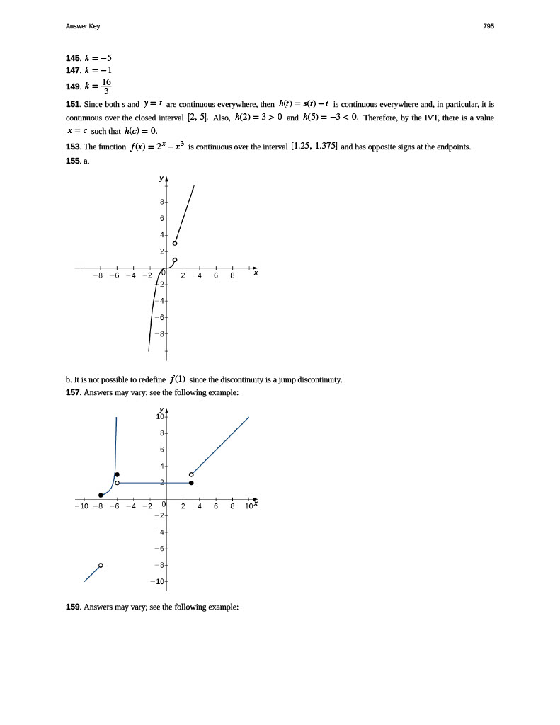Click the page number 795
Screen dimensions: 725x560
point(488,26)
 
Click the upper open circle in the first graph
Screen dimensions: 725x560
point(175,244)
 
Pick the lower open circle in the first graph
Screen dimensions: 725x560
point(175,260)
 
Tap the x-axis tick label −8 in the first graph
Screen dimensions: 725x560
point(101,277)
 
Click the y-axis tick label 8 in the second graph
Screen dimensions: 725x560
point(161,433)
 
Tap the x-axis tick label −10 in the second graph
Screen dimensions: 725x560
point(81,506)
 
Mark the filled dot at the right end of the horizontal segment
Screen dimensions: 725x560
point(192,483)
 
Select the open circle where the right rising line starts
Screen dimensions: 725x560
point(192,474)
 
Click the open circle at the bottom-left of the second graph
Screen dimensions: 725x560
point(101,565)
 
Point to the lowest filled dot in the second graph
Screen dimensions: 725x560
point(101,496)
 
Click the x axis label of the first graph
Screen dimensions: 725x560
point(256,273)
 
